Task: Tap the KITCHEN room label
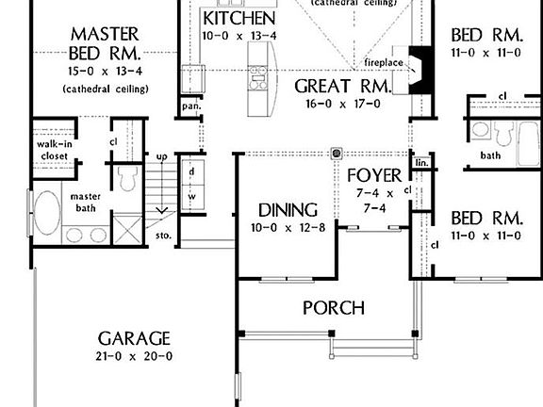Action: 239,19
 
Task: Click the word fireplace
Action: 385,62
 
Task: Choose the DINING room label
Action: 288,210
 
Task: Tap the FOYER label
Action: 374,175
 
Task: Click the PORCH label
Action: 333,308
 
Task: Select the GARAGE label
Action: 135,338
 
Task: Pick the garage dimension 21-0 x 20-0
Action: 135,356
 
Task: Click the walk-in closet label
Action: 55,151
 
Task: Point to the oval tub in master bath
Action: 47,217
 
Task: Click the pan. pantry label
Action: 191,107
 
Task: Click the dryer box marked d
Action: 191,172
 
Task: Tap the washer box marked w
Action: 191,196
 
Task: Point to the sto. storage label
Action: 163,234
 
